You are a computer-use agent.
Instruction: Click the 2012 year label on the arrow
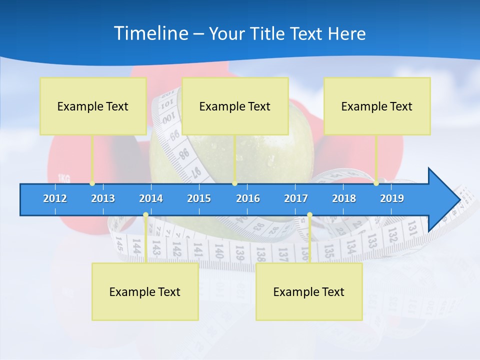coord(55,198)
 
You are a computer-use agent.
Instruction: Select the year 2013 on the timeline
coord(103,198)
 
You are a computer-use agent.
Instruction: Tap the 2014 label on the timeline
coord(151,198)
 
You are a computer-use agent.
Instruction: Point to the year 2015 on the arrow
coord(199,198)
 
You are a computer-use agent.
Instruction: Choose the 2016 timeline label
coord(248,198)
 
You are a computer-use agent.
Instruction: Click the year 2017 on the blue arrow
coord(296,198)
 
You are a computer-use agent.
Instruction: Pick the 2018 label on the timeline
coord(344,198)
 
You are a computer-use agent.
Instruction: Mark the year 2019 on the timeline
coord(392,198)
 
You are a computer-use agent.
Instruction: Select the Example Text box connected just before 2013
coord(93,106)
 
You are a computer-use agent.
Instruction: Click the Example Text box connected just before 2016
coord(235,106)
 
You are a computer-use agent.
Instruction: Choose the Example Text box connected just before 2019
coord(377,106)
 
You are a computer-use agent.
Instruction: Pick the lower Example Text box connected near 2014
coord(145,291)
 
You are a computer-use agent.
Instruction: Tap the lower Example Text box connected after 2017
coord(309,291)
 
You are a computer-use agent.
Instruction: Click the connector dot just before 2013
coord(92,183)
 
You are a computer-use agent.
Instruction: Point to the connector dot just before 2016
coord(234,183)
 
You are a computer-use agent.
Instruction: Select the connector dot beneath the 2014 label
coord(145,215)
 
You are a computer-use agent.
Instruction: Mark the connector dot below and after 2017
coord(309,215)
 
